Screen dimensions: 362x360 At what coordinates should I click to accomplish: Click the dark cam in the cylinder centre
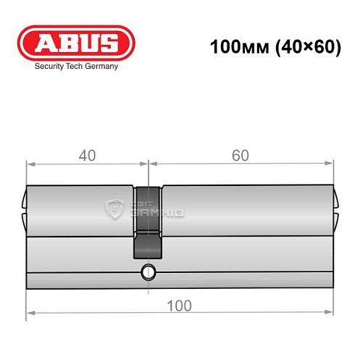[x=148, y=221]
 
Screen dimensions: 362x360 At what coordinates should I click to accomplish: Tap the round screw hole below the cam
[x=148, y=272]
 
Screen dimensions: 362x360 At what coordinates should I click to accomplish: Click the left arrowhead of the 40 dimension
[x=30, y=164]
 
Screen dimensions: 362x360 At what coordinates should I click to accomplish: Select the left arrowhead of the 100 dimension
[x=30, y=313]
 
